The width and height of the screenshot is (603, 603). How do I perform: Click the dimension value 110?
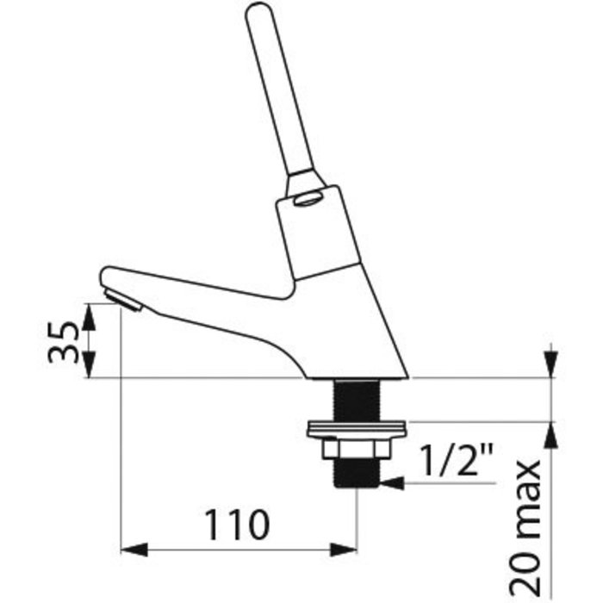click(x=237, y=524)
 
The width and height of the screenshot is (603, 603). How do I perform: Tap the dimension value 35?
click(x=63, y=342)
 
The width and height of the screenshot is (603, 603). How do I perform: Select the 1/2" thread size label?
click(x=457, y=459)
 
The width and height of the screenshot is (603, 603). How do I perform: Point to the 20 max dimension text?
click(x=525, y=528)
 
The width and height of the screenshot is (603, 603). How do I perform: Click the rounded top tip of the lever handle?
click(x=258, y=9)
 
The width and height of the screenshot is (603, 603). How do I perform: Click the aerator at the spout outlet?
click(x=124, y=301)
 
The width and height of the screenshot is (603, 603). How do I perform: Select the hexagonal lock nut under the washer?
click(x=357, y=449)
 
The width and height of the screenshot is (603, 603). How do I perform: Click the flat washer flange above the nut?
click(x=357, y=429)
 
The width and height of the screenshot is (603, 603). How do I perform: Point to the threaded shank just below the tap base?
click(x=357, y=400)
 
